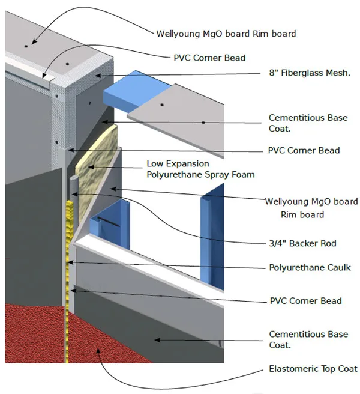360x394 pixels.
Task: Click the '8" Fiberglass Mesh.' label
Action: click(309, 73)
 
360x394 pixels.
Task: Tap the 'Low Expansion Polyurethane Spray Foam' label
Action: click(200, 169)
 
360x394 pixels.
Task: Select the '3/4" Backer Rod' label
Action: click(302, 243)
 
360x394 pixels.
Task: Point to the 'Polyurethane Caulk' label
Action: click(310, 268)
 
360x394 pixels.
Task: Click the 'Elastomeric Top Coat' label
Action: click(313, 369)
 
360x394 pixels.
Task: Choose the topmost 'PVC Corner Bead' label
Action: click(209, 58)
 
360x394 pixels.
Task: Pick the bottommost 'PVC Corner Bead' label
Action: click(305, 301)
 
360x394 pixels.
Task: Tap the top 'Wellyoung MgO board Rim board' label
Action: click(226, 34)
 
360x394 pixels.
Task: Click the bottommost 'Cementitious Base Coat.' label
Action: click(308, 339)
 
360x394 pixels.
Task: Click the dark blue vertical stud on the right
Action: click(212, 236)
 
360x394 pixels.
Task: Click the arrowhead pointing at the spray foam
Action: click(91, 167)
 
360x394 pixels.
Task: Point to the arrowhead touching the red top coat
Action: click(98, 350)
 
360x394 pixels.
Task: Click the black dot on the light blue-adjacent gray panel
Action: click(162, 105)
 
